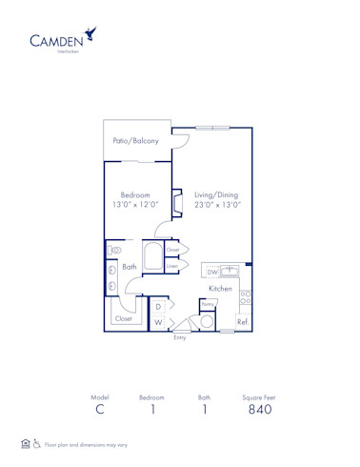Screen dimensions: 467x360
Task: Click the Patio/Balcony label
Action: point(136,141)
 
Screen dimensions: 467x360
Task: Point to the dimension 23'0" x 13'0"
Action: point(217,204)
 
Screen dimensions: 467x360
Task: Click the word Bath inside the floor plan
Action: point(130,267)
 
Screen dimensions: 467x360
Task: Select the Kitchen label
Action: point(221,288)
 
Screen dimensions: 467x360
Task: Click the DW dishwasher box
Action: point(213,272)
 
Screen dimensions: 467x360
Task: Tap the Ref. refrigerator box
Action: point(242,322)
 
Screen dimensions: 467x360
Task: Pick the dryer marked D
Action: point(158,307)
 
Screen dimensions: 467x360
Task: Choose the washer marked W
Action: point(158,322)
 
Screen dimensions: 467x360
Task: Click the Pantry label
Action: point(207,305)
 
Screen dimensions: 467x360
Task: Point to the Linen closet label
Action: point(172,266)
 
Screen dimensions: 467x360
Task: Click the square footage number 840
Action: point(260,410)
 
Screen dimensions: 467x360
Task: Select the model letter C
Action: point(99,410)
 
